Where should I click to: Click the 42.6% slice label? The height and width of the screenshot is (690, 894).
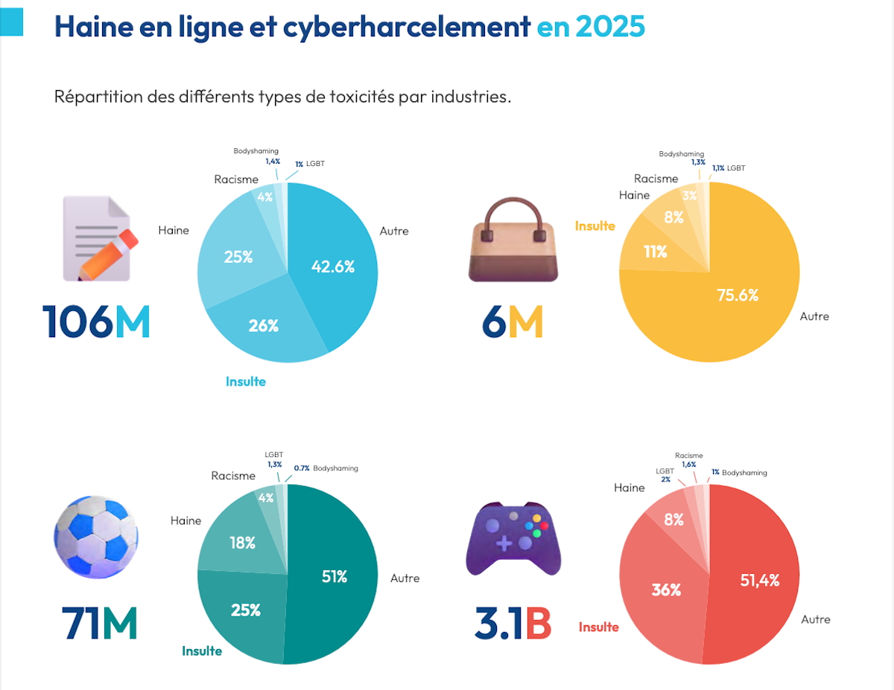pyautogui.click(x=333, y=266)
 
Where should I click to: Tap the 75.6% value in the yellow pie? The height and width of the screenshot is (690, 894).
pyautogui.click(x=737, y=295)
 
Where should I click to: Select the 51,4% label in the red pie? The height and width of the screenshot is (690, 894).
pyautogui.click(x=759, y=581)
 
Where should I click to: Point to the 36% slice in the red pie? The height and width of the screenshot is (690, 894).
pyautogui.click(x=666, y=590)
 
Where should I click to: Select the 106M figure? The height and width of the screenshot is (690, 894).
pyautogui.click(x=96, y=322)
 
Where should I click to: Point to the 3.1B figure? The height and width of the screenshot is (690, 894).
pyautogui.click(x=513, y=625)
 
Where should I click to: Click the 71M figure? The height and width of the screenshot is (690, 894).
pyautogui.click(x=99, y=624)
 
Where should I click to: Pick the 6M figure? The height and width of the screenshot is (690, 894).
pyautogui.click(x=513, y=322)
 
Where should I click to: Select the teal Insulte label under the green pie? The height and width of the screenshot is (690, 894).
pyautogui.click(x=202, y=651)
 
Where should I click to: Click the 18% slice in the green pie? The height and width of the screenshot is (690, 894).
pyautogui.click(x=242, y=543)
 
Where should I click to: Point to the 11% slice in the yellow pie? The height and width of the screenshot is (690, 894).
pyautogui.click(x=656, y=252)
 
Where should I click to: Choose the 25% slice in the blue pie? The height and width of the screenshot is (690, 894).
pyautogui.click(x=238, y=257)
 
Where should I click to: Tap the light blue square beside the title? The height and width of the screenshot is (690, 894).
pyautogui.click(x=12, y=22)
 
